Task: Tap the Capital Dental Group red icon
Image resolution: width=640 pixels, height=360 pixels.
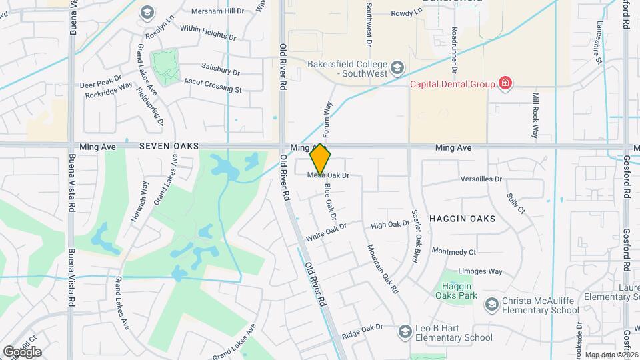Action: tap(506, 84)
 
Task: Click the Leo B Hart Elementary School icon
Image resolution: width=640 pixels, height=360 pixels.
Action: tap(405, 331)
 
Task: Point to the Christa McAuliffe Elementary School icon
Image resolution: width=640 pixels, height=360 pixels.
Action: tap(491, 304)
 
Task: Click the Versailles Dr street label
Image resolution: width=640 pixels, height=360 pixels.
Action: tap(481, 179)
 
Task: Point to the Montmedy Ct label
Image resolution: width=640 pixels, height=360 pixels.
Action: tap(454, 252)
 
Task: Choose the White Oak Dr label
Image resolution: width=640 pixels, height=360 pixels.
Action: tap(327, 232)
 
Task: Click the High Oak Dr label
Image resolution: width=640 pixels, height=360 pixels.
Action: tap(389, 225)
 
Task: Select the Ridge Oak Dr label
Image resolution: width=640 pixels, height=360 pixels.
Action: tap(362, 329)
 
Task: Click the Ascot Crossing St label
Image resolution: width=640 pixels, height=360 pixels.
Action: tap(213, 86)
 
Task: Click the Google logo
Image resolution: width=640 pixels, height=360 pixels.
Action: tap(23, 351)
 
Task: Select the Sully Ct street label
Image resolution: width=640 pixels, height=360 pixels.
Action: tap(515, 203)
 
